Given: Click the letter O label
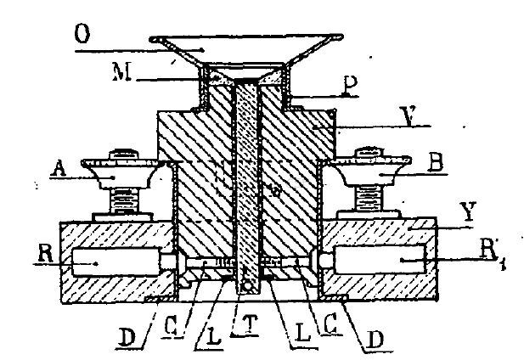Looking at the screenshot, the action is (82, 35).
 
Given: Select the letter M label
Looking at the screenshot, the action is (121, 72).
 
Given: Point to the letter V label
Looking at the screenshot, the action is (408, 115).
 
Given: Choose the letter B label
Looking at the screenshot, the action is (436, 162).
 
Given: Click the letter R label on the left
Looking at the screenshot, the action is (45, 253).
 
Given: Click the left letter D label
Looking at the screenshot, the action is (127, 338).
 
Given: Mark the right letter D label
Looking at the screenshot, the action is (375, 340).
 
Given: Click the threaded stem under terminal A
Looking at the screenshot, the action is (124, 200).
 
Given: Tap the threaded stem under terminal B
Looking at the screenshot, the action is (369, 197).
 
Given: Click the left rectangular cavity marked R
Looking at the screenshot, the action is (116, 262).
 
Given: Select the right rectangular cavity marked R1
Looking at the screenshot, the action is (380, 260).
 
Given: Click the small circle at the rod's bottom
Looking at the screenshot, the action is (248, 287).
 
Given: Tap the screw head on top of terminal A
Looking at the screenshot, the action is (124, 155).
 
